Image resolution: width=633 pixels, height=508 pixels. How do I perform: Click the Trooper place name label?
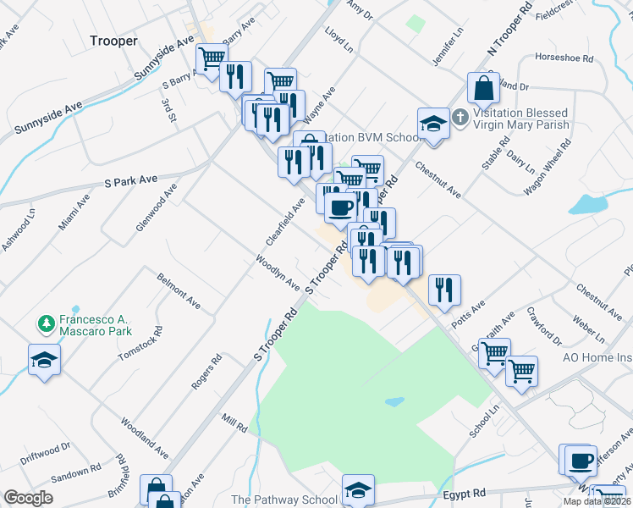[113, 40]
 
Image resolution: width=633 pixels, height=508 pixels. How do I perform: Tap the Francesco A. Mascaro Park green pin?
[46, 323]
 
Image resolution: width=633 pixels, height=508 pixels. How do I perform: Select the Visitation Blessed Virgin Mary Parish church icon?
[459, 118]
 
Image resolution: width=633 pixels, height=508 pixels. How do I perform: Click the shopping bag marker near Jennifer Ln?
[482, 87]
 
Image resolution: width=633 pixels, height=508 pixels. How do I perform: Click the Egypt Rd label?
[465, 493]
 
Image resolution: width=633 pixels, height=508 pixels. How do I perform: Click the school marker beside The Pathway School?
[357, 489]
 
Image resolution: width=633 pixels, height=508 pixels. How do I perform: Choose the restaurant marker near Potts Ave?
[443, 290]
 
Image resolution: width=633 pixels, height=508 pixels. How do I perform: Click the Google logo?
[28, 498]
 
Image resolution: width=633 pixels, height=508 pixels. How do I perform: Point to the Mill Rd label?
[234, 422]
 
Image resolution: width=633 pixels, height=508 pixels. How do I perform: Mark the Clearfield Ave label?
[285, 222]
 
